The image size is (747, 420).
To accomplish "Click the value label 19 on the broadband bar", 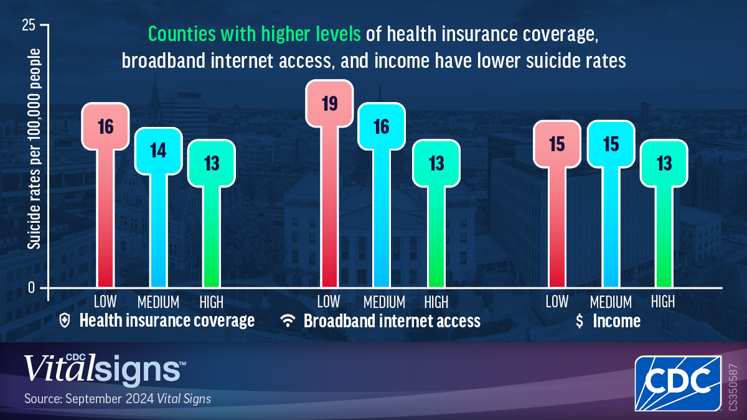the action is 329,104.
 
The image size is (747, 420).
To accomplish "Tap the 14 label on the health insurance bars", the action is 158,151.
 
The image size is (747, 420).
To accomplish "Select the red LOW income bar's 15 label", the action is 557,144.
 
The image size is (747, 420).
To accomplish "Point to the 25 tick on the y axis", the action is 29,25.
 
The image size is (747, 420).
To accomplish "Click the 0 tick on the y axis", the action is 31,287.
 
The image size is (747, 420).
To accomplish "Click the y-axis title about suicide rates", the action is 34,149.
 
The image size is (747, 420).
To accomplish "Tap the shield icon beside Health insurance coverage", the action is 65,320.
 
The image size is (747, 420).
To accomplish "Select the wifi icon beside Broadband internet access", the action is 288,320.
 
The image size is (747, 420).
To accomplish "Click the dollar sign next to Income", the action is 580,321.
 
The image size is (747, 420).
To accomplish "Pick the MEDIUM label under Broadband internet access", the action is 384,302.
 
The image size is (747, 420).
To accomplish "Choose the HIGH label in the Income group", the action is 662,302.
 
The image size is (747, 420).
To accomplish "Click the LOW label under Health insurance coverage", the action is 105,302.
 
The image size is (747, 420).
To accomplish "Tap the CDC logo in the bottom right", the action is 679,383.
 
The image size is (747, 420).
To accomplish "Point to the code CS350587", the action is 733,387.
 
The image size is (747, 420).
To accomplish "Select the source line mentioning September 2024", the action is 118,399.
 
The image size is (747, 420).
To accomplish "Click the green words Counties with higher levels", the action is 255,34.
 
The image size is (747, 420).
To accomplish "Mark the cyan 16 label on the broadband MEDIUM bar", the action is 382,127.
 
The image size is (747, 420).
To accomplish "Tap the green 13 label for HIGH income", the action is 664,164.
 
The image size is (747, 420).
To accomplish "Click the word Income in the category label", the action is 617,321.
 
